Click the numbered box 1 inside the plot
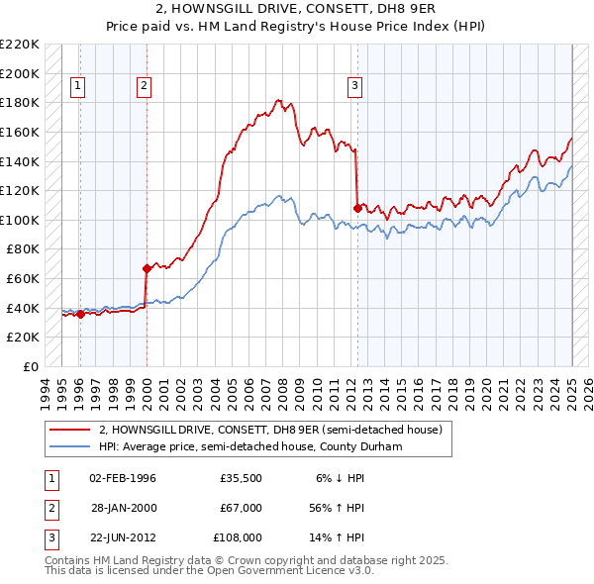[78, 87]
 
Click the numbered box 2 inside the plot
[144, 87]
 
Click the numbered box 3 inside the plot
[354, 87]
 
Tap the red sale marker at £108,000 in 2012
[357, 208]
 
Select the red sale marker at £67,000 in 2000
[147, 267]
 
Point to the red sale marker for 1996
[80, 314]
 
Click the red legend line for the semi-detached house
[70, 430]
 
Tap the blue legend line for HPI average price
[70, 446]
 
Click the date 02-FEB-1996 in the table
[123, 478]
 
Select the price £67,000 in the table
[241, 508]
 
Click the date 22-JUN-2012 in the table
[123, 537]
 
